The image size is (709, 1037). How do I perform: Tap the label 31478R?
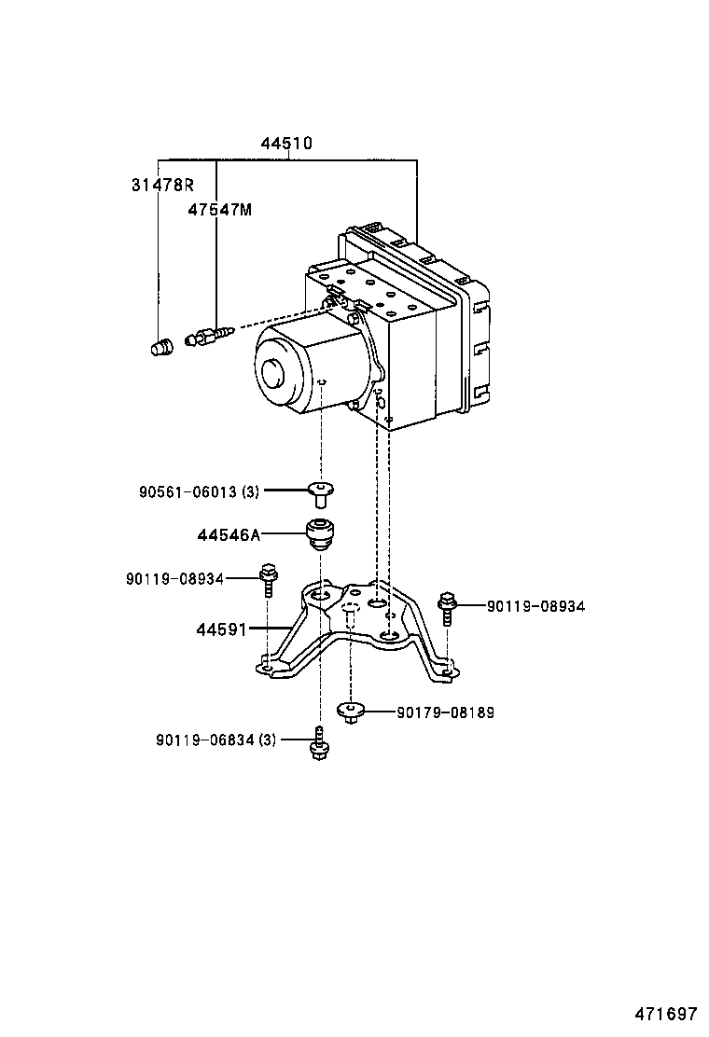pos(161,185)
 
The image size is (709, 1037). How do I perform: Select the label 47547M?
pos(219,210)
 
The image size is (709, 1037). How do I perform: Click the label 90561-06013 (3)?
pos(200,491)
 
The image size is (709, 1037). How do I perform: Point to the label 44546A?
pos(229,535)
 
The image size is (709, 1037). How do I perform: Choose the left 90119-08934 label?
pos(175,579)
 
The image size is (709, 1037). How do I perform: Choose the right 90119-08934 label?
pos(535,606)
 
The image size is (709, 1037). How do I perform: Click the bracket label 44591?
pos(221,630)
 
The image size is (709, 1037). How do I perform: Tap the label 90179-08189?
pos(445,712)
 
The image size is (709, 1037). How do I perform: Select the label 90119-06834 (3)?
pos(216,740)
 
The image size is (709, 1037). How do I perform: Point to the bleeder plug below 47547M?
pos(208,337)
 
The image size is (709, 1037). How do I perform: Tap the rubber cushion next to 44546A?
pos(320,533)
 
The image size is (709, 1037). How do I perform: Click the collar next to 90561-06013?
pos(322,491)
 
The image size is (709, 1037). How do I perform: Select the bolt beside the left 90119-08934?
pos(269,579)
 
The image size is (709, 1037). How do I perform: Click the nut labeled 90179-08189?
pos(350,712)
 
